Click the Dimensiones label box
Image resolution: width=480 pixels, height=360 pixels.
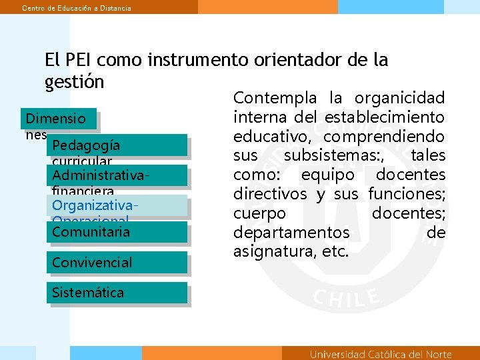58,119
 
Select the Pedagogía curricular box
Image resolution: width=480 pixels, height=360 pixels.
117,145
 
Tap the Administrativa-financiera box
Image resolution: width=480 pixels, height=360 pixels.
117,175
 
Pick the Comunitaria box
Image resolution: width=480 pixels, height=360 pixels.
117,232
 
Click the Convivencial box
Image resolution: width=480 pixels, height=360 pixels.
117,262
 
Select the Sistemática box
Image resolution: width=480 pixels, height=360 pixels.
117,292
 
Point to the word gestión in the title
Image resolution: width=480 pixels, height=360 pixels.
74,81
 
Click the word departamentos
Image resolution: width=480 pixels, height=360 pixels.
291,233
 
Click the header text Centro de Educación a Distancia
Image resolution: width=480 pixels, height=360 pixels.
77,7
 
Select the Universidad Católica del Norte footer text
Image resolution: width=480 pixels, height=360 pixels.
381,354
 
